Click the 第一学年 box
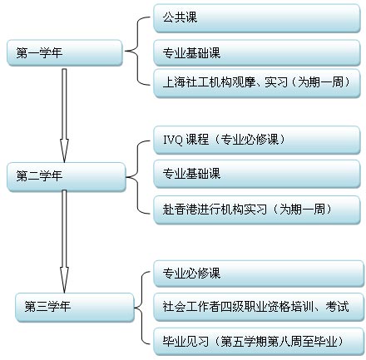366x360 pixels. point(65,52)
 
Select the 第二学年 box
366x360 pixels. point(67,176)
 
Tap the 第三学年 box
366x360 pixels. point(75,307)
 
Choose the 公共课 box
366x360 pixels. point(257,18)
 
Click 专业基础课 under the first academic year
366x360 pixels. point(257,52)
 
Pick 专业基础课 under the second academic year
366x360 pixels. point(257,174)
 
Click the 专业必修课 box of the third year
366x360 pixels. point(259,274)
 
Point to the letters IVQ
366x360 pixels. point(172,140)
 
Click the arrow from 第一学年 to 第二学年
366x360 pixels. point(64,116)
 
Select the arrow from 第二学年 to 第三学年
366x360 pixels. point(64,241)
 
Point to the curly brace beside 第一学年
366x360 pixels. point(138,51)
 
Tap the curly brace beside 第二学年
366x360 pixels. point(138,177)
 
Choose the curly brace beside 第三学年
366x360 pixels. point(142,308)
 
